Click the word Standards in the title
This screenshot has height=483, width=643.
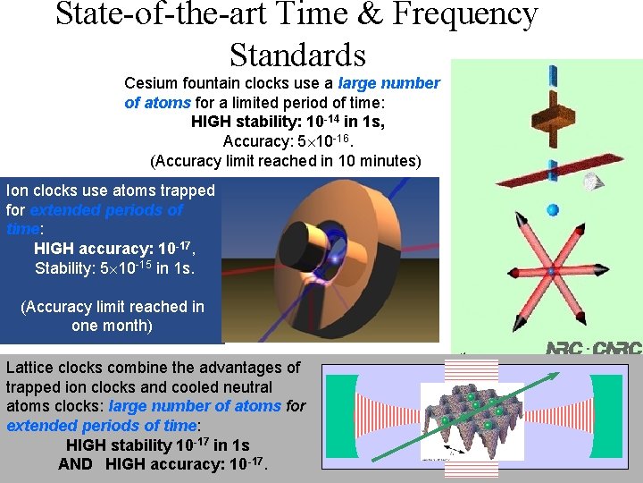click(x=297, y=55)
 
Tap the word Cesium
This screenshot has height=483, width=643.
click(x=152, y=83)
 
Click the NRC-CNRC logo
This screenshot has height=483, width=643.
click(x=594, y=348)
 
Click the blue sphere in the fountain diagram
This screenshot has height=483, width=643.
click(x=552, y=209)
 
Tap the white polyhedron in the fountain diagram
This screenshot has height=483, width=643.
click(x=590, y=182)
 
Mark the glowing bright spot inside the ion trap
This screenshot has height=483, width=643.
click(x=334, y=259)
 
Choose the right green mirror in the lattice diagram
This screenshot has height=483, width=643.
click(x=620, y=412)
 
